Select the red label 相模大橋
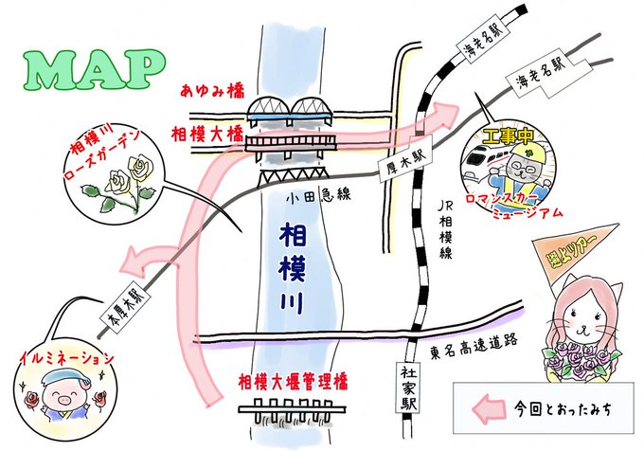208,134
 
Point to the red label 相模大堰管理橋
294,382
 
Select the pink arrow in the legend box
489,409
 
